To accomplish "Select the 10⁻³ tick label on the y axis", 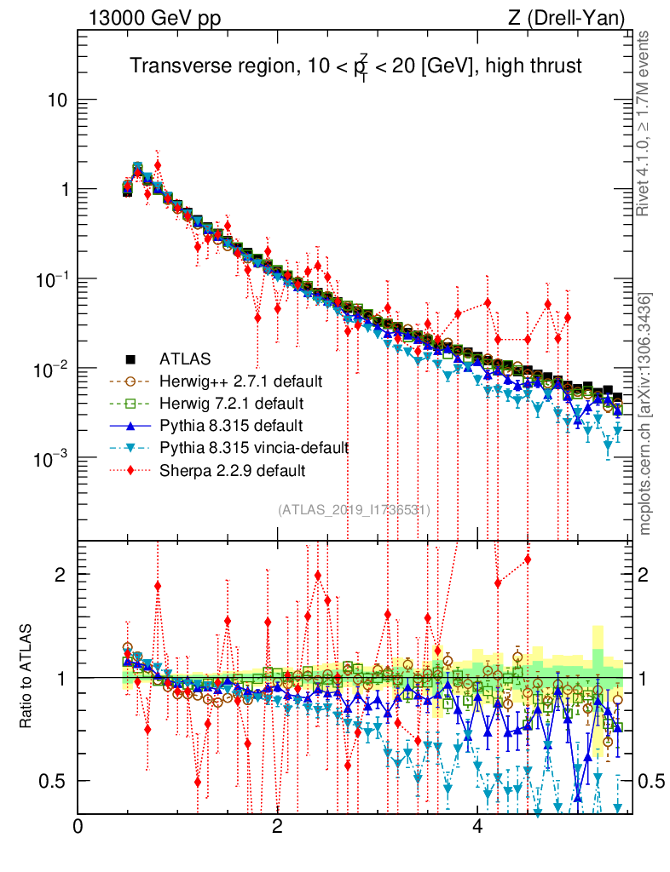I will coord(51,459).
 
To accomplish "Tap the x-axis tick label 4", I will coord(477,826).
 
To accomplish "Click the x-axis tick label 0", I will coord(78,826).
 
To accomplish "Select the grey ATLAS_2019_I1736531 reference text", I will coord(354,510).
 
